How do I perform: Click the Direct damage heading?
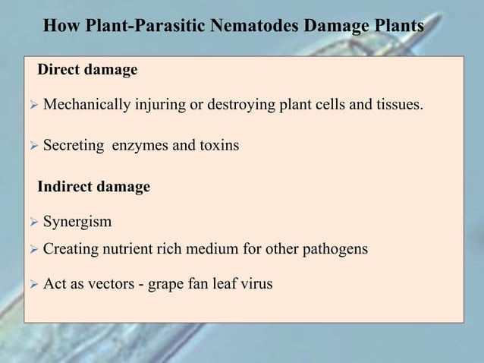87,70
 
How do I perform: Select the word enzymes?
140,145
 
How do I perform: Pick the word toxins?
220,145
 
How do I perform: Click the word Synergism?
77,223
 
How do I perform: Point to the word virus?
255,285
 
